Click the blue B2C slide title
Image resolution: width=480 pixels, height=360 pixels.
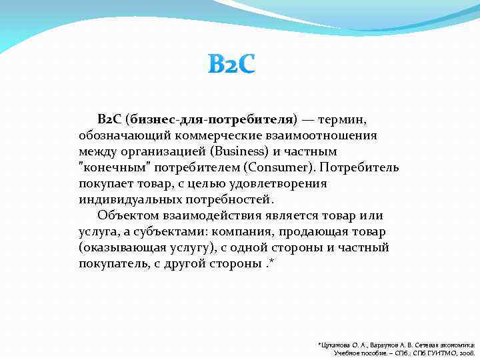[231, 65]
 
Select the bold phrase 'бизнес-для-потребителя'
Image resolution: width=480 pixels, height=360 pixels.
[211, 119]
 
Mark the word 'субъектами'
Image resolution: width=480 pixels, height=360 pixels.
[175, 231]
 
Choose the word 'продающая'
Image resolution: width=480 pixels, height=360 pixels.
[316, 231]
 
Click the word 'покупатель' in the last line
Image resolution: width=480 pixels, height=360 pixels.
[113, 263]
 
